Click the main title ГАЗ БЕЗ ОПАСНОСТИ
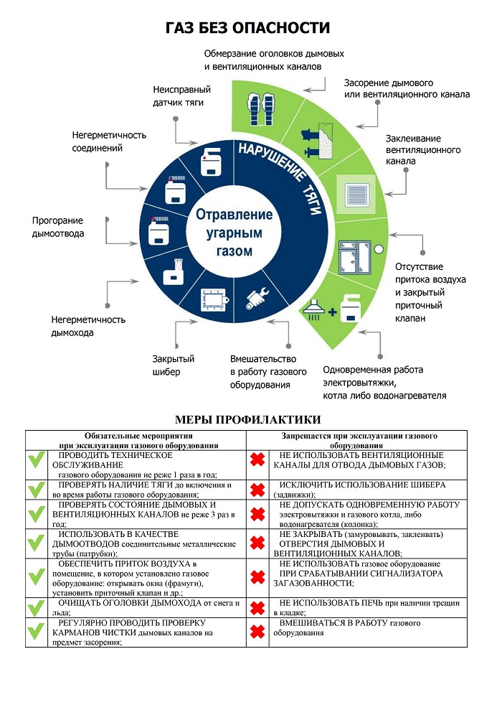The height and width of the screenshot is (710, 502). click(x=247, y=28)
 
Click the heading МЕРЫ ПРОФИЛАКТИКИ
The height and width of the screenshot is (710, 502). click(x=247, y=419)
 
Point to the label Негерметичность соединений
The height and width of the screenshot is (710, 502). click(x=109, y=141)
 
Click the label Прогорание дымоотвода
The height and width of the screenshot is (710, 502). click(x=58, y=227)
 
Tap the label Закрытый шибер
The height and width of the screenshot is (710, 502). click(x=173, y=365)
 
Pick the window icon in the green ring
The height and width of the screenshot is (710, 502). click(x=355, y=252)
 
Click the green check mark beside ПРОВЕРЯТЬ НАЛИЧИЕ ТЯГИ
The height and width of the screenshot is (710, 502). click(x=36, y=490)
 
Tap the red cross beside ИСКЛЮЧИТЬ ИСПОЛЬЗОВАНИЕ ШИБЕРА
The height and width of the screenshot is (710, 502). click(x=257, y=490)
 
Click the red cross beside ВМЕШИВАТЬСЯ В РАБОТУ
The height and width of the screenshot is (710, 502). click(x=257, y=632)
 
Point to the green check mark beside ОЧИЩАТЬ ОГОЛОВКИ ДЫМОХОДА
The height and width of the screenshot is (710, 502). click(x=36, y=607)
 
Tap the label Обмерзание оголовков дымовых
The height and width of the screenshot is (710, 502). click(x=274, y=60)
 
